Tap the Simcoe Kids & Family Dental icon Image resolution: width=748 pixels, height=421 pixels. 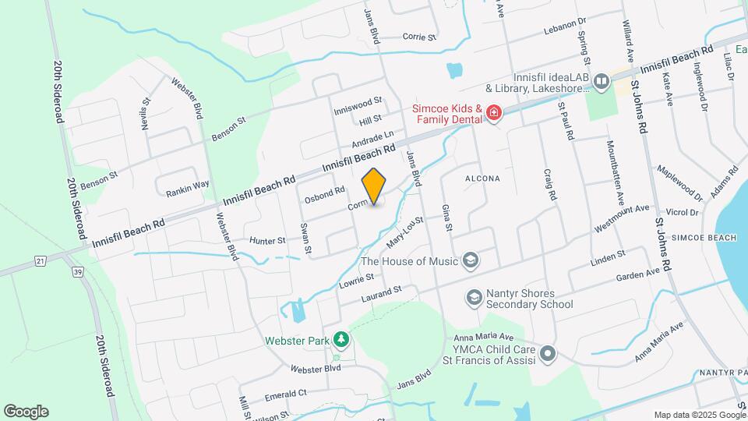click(x=493, y=114)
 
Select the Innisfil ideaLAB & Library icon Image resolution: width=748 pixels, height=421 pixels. click(x=601, y=81)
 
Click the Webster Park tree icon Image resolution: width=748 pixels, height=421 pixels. click(x=340, y=340)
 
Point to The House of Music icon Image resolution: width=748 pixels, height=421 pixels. click(x=470, y=260)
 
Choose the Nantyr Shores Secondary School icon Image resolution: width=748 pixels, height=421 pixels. click(x=473, y=297)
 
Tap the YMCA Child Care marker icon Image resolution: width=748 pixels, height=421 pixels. click(x=549, y=355)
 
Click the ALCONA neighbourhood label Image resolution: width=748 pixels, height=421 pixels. click(x=482, y=179)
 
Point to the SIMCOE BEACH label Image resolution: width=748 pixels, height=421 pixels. click(x=704, y=237)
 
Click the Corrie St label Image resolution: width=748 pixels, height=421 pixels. click(x=419, y=37)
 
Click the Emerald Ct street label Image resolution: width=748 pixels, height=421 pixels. click(x=286, y=394)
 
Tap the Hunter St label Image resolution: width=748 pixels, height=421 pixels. click(x=267, y=242)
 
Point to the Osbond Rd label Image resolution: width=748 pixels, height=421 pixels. click(x=324, y=193)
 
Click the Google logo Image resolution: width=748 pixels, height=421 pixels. click(x=26, y=411)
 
